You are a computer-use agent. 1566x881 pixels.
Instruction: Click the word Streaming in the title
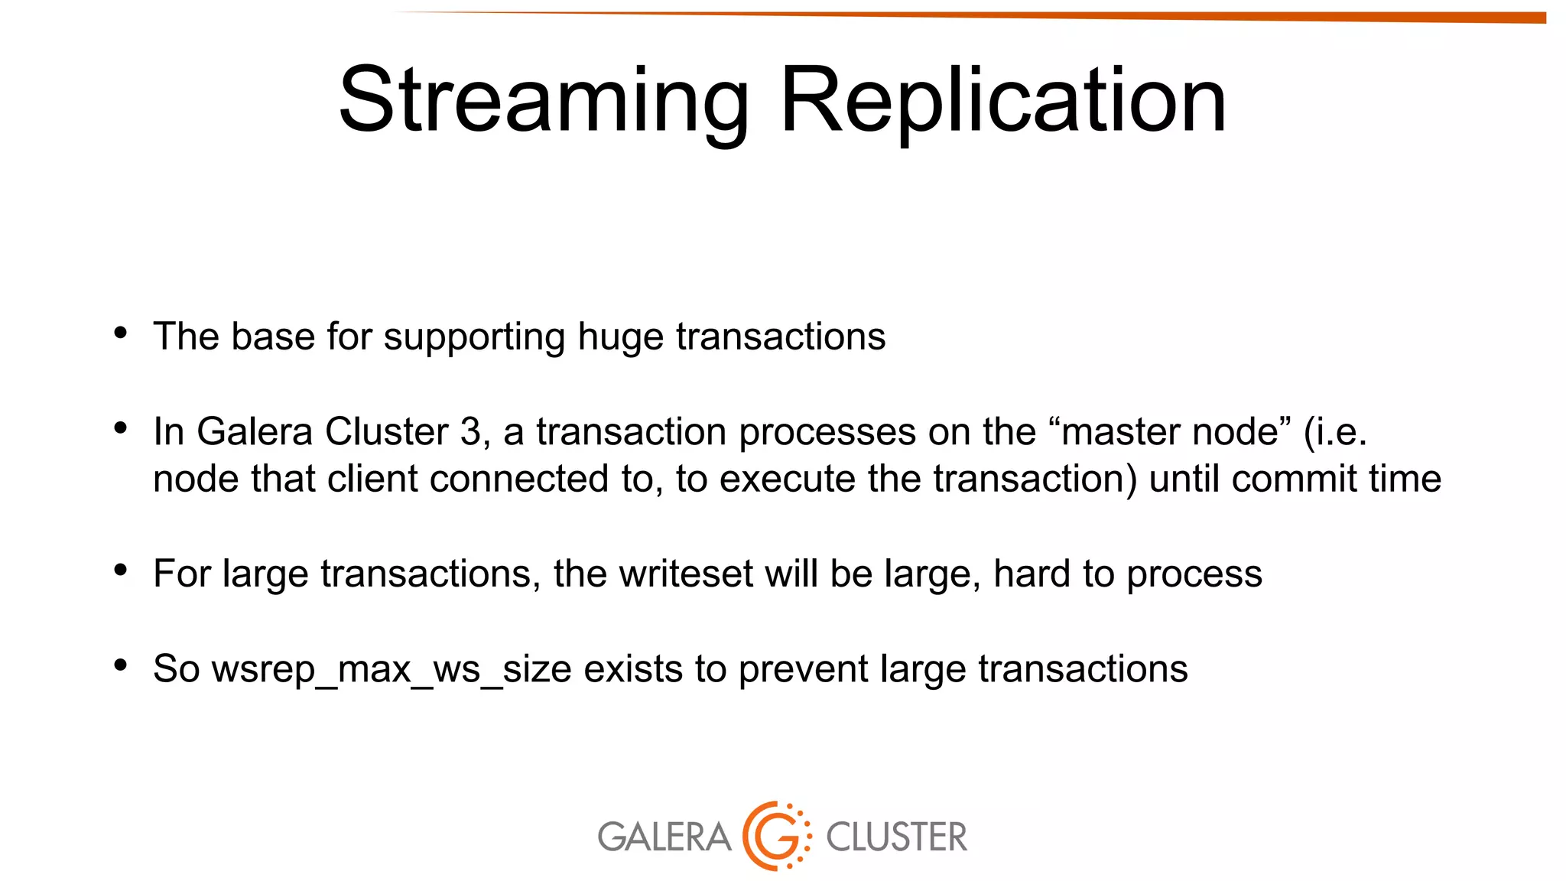[x=544, y=102]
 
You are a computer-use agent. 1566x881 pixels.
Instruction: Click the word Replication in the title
[x=1003, y=102]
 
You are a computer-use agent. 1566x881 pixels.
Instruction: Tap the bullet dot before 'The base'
[x=120, y=333]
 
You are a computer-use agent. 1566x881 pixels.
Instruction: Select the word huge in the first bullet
[x=620, y=337]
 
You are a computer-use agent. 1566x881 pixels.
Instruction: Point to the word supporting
[x=474, y=337]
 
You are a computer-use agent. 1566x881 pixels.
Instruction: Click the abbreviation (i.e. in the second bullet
[x=1334, y=431]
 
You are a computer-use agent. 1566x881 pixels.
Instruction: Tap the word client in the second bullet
[x=372, y=479]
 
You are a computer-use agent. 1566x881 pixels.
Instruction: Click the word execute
[x=787, y=479]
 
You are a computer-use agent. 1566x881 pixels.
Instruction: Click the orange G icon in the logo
[x=776, y=836]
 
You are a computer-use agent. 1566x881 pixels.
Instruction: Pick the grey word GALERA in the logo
[x=664, y=837]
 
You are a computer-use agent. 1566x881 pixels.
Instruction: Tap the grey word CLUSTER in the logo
[x=896, y=837]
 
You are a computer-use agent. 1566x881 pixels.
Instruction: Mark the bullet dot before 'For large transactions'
[x=120, y=570]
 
